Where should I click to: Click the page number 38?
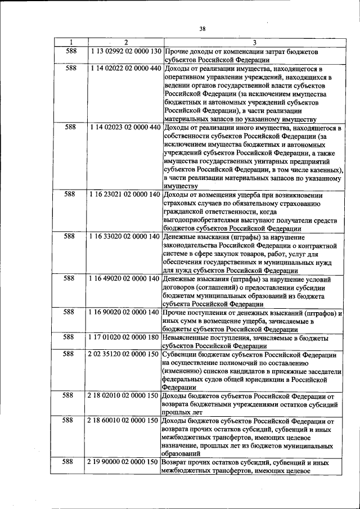[202, 29]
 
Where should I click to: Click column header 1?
[71, 42]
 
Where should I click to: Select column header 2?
[125, 42]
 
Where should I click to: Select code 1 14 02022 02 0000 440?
[125, 69]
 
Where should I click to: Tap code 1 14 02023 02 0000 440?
[125, 128]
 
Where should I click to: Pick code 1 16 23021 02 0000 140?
[125, 195]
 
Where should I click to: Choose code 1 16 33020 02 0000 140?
[125, 237]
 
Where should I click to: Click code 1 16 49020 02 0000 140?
[125, 278]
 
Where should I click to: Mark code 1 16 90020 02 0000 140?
[125, 312]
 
